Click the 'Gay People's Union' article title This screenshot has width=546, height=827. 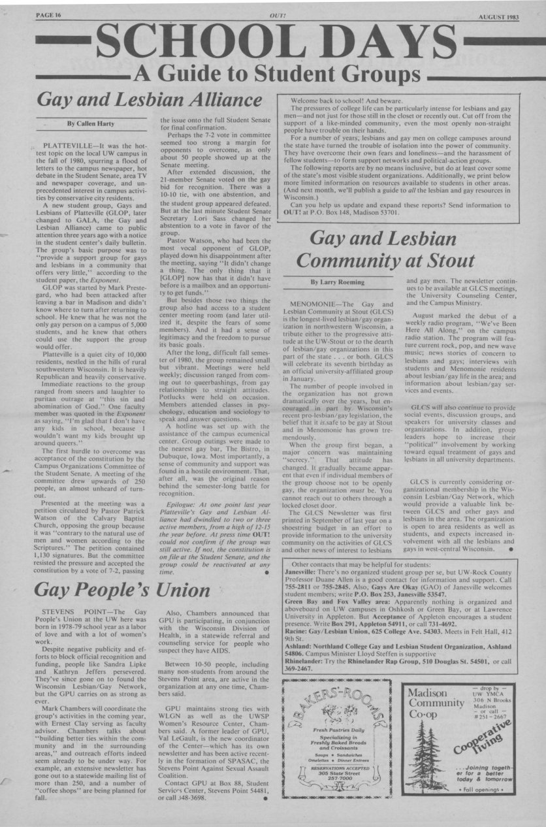point(122,590)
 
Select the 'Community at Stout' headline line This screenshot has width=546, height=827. point(385,261)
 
